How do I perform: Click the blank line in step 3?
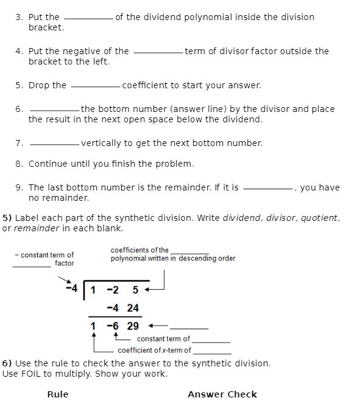click(88, 19)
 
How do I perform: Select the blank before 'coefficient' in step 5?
click(96, 88)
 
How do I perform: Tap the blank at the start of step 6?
click(54, 111)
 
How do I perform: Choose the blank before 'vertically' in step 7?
click(54, 145)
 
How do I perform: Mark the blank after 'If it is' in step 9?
click(268, 190)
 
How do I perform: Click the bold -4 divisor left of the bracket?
click(72, 288)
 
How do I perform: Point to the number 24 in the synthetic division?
click(133, 308)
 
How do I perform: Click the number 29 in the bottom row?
click(133, 326)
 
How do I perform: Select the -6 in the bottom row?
click(112, 326)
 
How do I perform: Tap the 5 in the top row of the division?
click(136, 290)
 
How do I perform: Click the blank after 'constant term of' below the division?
click(211, 341)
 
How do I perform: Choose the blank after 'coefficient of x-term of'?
click(212, 352)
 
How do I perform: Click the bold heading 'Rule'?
click(58, 394)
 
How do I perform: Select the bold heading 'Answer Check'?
click(222, 394)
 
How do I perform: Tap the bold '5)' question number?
click(7, 218)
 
